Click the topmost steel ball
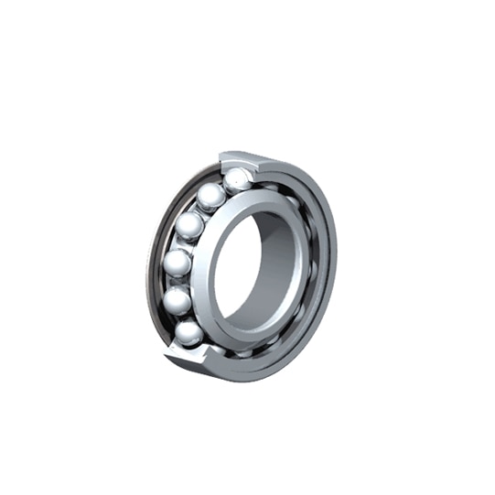238,179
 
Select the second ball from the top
211,197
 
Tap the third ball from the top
189,225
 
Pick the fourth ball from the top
178,264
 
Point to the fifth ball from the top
178,300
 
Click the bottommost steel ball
189,332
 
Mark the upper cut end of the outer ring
240,160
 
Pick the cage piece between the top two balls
225,188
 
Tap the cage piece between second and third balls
200,210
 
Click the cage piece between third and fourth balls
183,244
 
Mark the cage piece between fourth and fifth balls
177,282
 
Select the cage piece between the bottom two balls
182,317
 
